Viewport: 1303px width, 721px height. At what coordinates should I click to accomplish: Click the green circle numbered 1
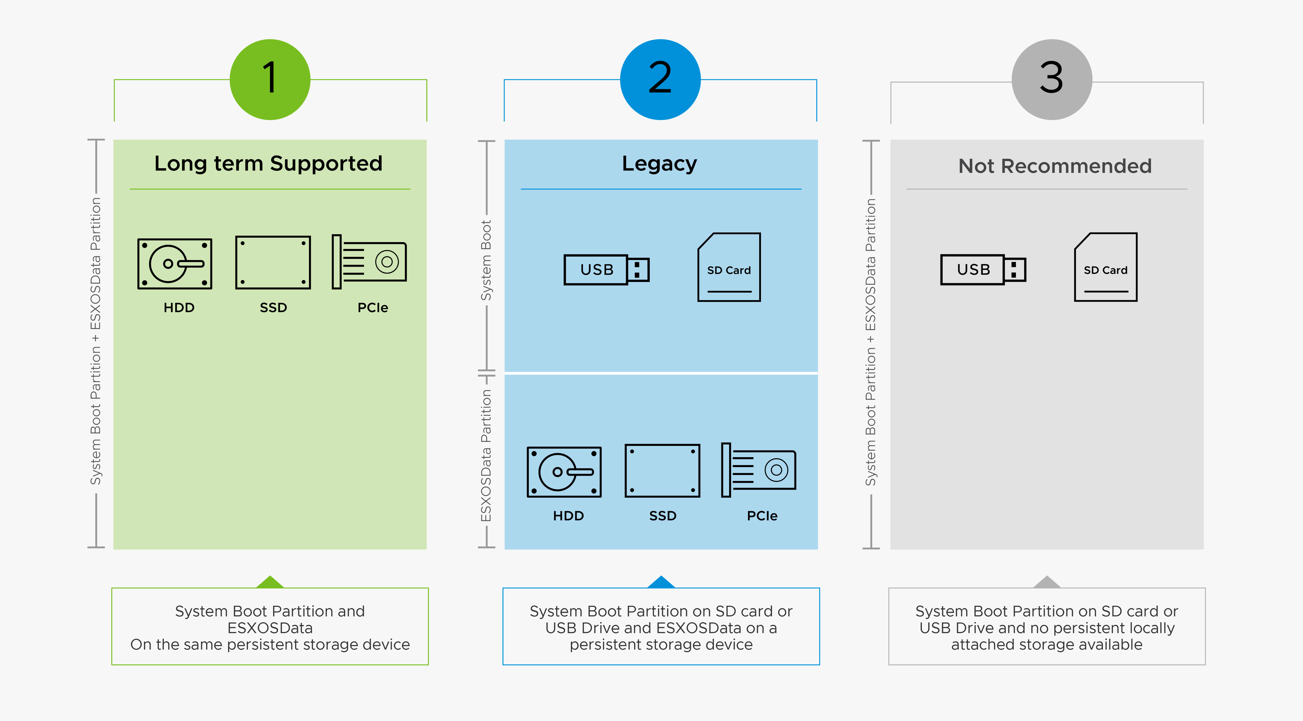click(270, 80)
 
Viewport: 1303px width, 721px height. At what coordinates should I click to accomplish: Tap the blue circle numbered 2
click(660, 80)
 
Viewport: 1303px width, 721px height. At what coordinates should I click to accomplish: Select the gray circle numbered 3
click(1052, 80)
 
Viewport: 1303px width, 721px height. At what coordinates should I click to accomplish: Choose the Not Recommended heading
click(1055, 166)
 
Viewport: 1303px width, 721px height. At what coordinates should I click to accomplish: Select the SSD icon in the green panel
click(273, 262)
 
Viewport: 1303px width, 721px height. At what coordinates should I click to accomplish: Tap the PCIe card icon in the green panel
click(369, 262)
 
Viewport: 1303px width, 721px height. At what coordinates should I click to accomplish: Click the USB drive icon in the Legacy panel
click(606, 269)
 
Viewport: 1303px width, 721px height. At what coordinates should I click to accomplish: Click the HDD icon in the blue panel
click(564, 472)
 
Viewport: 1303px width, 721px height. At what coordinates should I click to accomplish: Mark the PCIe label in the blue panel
click(762, 516)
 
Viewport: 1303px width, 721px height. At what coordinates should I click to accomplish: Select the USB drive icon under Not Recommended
click(983, 269)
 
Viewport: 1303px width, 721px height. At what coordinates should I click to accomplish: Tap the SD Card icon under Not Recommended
click(1106, 267)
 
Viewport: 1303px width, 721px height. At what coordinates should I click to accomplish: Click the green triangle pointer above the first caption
click(270, 582)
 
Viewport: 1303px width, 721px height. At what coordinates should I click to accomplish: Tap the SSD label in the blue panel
click(663, 516)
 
